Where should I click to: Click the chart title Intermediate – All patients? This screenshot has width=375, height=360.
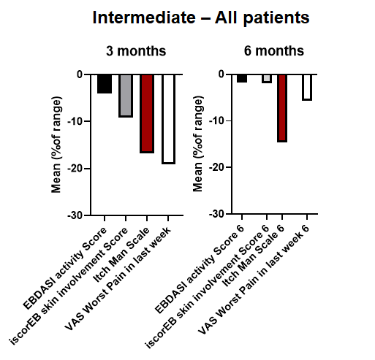pyautogui.click(x=201, y=18)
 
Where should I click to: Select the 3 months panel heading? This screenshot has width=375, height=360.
pyautogui.click(x=136, y=51)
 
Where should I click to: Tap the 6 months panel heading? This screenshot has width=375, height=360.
pyautogui.click(x=274, y=51)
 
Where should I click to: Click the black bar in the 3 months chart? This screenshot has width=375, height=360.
pyautogui.click(x=105, y=84)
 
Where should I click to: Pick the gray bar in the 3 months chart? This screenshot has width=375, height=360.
pyautogui.click(x=126, y=96)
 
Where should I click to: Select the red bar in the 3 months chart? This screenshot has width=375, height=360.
pyautogui.click(x=147, y=114)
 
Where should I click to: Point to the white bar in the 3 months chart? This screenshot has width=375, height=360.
pyautogui.click(x=168, y=119)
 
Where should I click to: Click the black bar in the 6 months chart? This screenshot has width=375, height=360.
pyautogui.click(x=242, y=78)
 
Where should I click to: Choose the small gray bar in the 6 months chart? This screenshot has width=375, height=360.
pyautogui.click(x=267, y=79)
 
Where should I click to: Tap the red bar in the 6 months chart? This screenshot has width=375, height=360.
pyautogui.click(x=282, y=108)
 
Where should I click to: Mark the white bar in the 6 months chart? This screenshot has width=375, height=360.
pyautogui.click(x=307, y=88)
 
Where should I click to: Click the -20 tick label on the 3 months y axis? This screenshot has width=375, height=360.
pyautogui.click(x=75, y=169)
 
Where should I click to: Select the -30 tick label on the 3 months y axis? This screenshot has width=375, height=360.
pyautogui.click(x=75, y=215)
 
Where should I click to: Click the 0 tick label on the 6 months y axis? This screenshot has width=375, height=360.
pyautogui.click(x=221, y=74)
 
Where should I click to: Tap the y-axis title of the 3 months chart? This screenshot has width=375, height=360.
pyautogui.click(x=56, y=145)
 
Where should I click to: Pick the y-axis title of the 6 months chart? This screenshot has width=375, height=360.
pyautogui.click(x=198, y=144)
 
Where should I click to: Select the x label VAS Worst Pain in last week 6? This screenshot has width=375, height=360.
pyautogui.click(x=254, y=280)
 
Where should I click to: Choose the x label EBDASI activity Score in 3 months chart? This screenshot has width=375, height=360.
pyautogui.click(x=65, y=268)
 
